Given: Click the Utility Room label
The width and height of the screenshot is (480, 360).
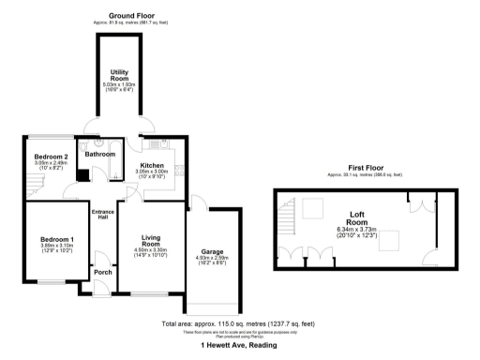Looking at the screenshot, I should (119, 74).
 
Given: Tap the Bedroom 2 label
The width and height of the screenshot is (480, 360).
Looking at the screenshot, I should (51, 156).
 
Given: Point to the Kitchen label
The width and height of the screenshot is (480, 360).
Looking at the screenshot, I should (152, 139).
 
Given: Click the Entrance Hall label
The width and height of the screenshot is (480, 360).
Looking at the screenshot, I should (102, 215).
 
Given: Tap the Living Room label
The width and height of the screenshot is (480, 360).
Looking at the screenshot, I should (152, 242).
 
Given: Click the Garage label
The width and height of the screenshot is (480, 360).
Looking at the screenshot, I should (210, 252).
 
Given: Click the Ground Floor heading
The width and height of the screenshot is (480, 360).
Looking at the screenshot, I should (134, 16).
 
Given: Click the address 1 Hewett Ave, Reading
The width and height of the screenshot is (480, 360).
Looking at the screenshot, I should (240, 345).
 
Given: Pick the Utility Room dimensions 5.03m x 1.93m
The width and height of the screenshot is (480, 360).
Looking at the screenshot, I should (119, 84).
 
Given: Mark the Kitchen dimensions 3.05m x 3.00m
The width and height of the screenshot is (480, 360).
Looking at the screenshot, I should (152, 145).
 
